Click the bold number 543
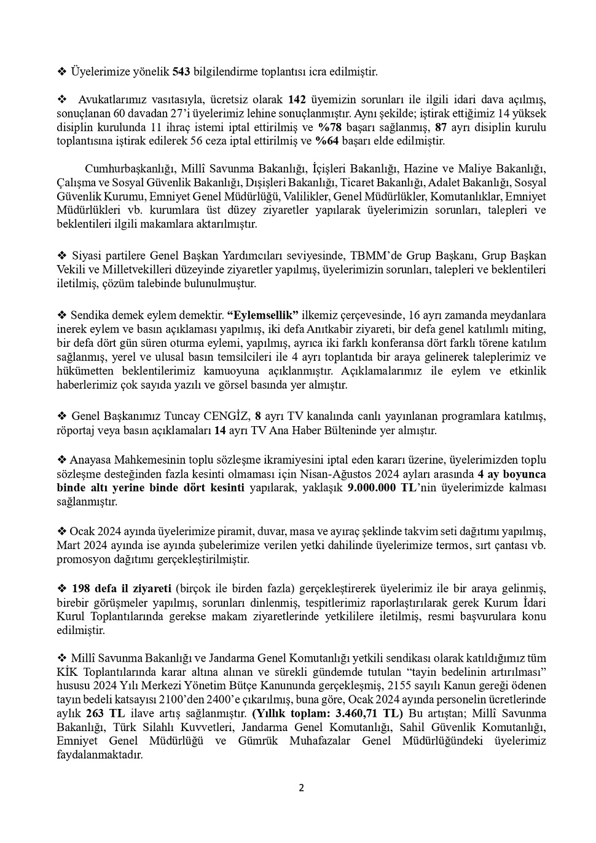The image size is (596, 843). tap(181, 72)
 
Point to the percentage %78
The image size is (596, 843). tap(329, 127)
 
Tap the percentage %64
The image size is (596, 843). tap(327, 141)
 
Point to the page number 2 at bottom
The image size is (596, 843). tap(301, 788)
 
